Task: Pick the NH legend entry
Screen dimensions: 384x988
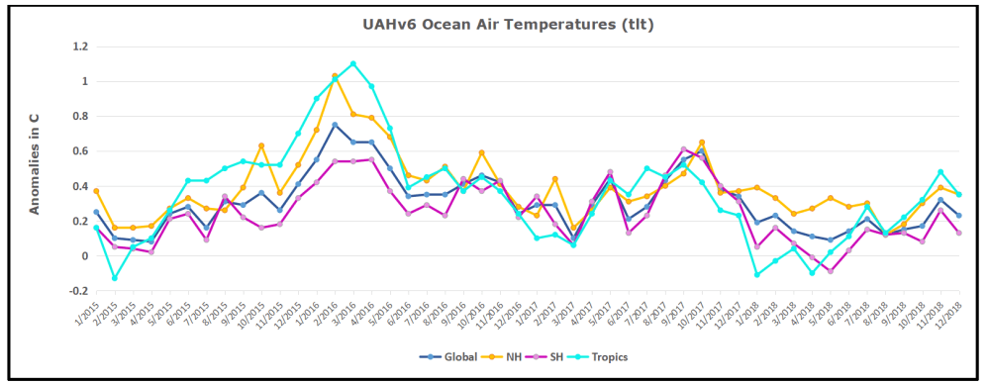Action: (510, 356)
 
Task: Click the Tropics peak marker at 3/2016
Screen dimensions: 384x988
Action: (353, 63)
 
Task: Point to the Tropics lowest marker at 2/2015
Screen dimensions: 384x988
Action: (115, 278)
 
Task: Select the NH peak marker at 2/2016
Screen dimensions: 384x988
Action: (335, 76)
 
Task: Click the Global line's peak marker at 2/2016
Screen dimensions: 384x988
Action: (335, 125)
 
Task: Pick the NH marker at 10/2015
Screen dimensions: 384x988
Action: (261, 145)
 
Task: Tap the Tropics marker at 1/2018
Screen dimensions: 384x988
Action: (756, 274)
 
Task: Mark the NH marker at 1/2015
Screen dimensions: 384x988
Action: (96, 191)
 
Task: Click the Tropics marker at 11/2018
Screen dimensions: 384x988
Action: (940, 172)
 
